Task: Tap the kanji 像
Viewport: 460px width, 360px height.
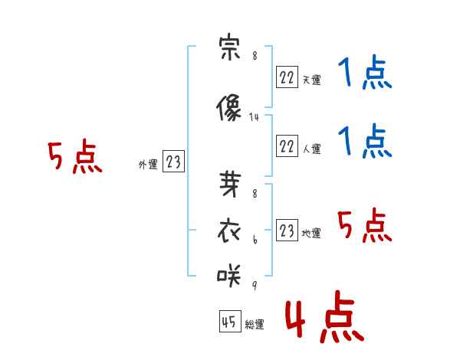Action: point(228,107)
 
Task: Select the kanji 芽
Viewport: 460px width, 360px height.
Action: point(230,184)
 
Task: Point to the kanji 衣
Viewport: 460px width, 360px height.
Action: point(229,231)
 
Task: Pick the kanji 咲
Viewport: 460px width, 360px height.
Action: point(228,275)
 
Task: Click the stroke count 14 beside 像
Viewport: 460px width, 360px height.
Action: point(254,117)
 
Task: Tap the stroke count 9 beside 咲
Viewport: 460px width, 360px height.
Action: point(255,285)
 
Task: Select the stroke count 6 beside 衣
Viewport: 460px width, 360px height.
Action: point(255,240)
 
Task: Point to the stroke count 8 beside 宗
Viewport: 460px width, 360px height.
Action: point(255,55)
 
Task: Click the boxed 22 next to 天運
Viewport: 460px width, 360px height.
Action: point(287,77)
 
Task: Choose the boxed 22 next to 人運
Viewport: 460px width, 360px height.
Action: point(287,146)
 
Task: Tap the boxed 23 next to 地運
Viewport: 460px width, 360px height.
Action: point(287,230)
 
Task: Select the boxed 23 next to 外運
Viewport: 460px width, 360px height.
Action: point(173,161)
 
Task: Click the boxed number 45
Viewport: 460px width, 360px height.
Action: point(230,321)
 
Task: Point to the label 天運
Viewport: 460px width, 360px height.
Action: point(312,80)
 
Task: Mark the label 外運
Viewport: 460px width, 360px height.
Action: point(148,164)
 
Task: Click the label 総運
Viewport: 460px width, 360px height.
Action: point(255,324)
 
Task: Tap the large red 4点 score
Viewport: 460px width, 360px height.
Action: point(325,316)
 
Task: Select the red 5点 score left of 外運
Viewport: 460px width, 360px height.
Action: point(75,156)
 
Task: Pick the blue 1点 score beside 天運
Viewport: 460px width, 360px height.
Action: point(365,72)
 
